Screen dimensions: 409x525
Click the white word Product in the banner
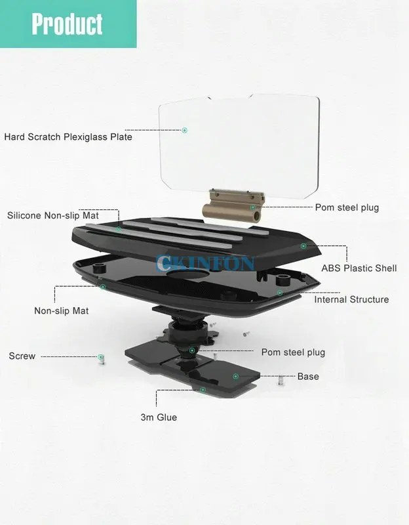68,24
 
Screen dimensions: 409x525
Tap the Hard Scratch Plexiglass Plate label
68,137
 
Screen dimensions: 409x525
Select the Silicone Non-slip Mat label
53,215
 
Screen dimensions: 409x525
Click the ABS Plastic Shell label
359,268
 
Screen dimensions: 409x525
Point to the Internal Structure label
351,299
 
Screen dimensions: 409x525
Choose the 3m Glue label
159,417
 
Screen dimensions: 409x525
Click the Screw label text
22,356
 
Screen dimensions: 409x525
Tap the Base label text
308,376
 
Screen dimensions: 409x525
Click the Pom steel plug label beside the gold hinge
347,207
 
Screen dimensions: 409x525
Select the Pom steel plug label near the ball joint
293,352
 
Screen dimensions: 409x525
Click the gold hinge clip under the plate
233,205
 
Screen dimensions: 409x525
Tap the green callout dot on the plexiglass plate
185,130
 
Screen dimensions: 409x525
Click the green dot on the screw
101,357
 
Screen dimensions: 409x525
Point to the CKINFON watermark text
205,263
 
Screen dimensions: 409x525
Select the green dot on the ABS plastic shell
303,246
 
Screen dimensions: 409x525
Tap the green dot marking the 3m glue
203,390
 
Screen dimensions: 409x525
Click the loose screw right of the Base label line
281,380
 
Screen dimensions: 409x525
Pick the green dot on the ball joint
192,350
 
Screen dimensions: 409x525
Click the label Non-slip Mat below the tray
62,310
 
